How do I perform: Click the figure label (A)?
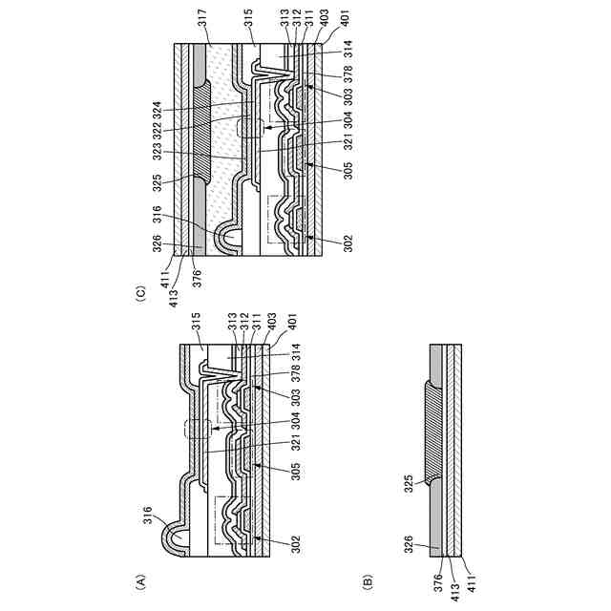pyautogui.click(x=139, y=579)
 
